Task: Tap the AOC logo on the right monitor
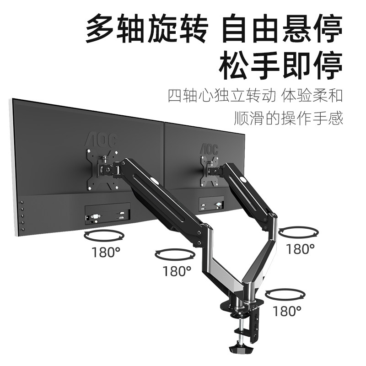point(209,148)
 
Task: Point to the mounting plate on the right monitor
point(208,170)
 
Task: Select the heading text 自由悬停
point(282,29)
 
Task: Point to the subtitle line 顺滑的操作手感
point(288,118)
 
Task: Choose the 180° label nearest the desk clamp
point(287,311)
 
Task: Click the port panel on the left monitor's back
point(108,213)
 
